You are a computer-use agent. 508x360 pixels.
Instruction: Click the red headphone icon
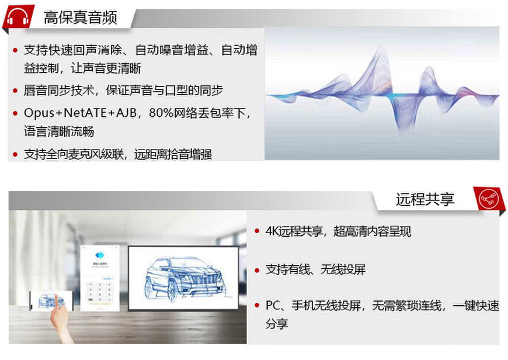tap(19, 16)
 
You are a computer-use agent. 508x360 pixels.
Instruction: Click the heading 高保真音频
tap(81, 18)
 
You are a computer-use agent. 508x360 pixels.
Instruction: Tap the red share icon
tap(488, 199)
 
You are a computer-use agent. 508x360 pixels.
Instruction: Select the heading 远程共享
tap(425, 199)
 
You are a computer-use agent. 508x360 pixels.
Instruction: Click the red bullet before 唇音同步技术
tap(15, 91)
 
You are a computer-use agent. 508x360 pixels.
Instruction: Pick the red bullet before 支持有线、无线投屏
tap(257, 270)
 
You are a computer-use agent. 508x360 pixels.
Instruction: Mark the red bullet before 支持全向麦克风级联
tap(15, 154)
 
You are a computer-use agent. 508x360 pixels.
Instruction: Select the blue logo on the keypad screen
tap(99, 255)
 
